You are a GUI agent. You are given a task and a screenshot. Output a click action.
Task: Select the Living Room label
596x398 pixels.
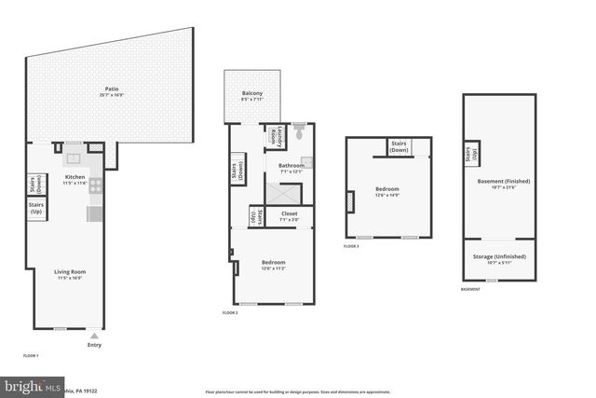pos(70,274)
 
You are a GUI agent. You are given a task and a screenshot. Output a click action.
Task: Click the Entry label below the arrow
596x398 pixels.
pos(94,346)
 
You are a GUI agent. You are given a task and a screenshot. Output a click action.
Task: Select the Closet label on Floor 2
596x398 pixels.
pos(290,216)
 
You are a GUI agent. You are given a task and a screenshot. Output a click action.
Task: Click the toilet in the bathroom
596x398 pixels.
pos(300,135)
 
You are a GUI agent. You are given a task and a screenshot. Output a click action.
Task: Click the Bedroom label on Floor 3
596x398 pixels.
pos(387,190)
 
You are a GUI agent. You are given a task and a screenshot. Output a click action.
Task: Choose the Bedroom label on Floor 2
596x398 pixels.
pos(274,265)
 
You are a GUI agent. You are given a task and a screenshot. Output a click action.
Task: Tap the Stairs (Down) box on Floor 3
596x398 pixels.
pos(400,146)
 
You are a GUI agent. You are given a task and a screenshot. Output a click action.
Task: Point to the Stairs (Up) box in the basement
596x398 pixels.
pos(469,153)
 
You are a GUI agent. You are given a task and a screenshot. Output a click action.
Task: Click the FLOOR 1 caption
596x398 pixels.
pos(31,356)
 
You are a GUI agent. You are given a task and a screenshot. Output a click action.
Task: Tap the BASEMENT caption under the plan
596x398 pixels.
pos(471,290)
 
